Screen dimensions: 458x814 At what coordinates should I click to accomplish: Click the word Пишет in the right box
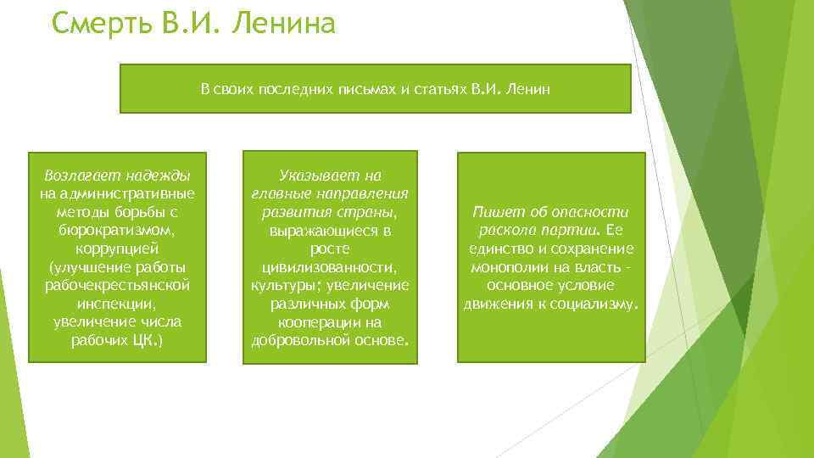coord(494,212)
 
